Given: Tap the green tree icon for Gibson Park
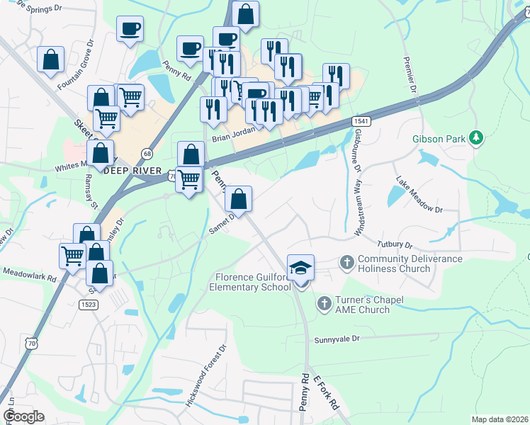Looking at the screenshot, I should click(x=477, y=137).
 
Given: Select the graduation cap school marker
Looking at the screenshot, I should click(x=301, y=267).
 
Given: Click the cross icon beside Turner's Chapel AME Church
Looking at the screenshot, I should click(x=324, y=305).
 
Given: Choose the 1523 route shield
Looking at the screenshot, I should click(x=89, y=304).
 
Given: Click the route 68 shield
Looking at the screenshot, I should click(x=147, y=153).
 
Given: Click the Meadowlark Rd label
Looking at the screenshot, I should click(x=28, y=271).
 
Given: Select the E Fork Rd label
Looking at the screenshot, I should click(x=328, y=393).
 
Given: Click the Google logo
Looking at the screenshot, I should click(x=23, y=416).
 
